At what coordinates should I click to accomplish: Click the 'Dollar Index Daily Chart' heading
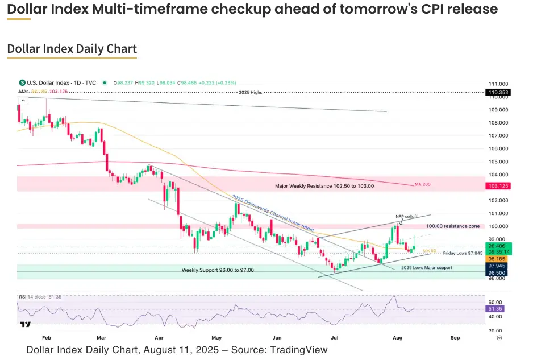pos(72,49)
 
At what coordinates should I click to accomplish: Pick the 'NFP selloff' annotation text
pos(406,217)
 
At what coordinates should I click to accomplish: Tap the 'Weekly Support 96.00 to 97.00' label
pos(218,270)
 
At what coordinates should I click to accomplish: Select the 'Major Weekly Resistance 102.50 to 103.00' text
pos(325,186)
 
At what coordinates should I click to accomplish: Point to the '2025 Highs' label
pos(251,92)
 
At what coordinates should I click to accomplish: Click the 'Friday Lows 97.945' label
pos(463,253)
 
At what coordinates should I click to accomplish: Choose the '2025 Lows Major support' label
pos(427,267)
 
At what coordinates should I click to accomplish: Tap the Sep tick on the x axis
pos(455,337)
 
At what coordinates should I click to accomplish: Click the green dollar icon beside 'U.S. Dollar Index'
pos(22,82)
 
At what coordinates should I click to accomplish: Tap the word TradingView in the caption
pos(299,350)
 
